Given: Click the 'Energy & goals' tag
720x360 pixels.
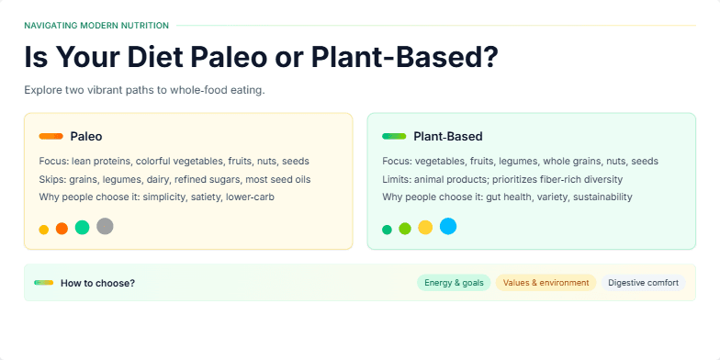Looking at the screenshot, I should click(x=454, y=283).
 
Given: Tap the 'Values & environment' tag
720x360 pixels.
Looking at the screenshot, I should click(x=546, y=283).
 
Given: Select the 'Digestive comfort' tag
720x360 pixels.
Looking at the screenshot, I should click(x=643, y=283).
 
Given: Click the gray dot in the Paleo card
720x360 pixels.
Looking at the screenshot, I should click(x=105, y=226).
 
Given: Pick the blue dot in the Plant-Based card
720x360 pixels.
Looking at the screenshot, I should click(x=448, y=226).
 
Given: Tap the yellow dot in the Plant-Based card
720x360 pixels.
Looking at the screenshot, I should click(x=425, y=227).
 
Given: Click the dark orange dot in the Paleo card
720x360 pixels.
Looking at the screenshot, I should click(x=62, y=229).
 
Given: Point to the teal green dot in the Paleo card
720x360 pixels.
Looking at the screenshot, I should click(x=82, y=227).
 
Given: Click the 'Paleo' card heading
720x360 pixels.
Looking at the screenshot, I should click(x=86, y=136).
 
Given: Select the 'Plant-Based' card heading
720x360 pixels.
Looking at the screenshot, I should click(x=448, y=136).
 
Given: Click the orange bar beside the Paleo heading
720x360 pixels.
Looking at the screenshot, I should click(x=51, y=136).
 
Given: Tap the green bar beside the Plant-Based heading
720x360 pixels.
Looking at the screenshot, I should click(x=394, y=136).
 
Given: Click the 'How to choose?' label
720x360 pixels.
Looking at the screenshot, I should click(x=97, y=283).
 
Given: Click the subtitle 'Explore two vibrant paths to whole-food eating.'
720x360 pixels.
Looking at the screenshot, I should click(x=144, y=90).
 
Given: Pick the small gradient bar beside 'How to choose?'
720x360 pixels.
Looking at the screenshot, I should click(x=43, y=283).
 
